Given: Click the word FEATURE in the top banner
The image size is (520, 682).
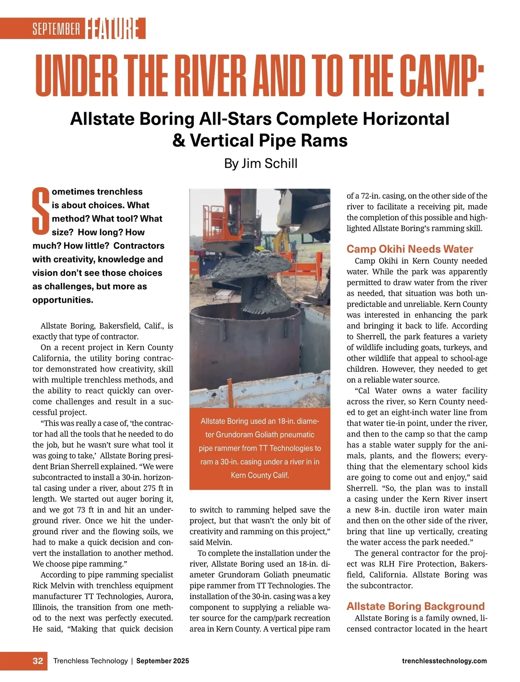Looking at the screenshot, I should (115, 29).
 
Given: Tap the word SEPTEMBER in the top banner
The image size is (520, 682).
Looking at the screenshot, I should (56, 29).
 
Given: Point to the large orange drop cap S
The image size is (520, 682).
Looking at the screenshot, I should (41, 211).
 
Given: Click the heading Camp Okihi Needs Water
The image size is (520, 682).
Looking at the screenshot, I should (409, 249).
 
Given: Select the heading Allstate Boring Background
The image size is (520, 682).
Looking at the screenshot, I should (415, 606).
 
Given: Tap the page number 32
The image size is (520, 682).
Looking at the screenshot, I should (38, 661).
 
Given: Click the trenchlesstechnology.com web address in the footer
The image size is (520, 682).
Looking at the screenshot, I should (444, 661).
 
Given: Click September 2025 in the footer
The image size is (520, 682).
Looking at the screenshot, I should (162, 661).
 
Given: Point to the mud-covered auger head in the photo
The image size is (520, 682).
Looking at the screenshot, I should (243, 277).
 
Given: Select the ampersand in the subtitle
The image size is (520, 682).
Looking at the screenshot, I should (179, 141).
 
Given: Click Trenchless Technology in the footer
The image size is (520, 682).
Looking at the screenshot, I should (90, 661).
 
